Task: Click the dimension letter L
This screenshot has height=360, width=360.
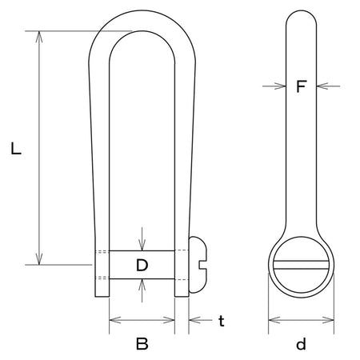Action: point(16,149)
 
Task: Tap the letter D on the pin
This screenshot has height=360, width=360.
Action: point(142,265)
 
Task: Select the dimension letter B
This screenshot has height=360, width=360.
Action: point(142,343)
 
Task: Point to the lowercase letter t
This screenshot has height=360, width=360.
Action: point(222,321)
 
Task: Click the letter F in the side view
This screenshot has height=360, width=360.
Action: point(301,86)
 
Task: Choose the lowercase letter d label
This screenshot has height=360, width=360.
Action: point(301,343)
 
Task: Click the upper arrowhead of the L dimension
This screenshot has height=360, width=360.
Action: point(39,37)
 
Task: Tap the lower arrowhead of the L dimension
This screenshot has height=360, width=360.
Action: point(39,259)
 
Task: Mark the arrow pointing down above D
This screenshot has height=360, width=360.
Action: point(142,239)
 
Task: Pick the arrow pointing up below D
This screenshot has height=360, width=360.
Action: point(142,290)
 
